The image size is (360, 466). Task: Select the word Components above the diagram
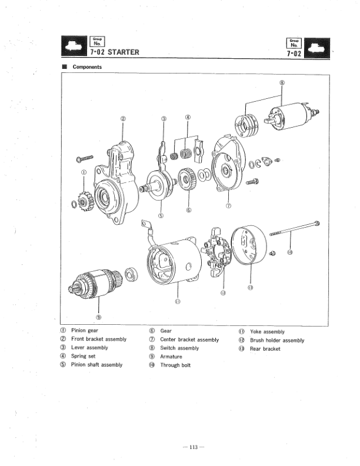point(87,67)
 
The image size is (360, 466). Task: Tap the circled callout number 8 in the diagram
point(282,82)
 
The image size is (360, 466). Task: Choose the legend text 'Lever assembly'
point(89,348)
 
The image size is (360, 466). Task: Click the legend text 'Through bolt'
point(175,365)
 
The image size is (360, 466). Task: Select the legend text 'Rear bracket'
point(265,348)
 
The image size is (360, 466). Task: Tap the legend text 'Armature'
point(171,357)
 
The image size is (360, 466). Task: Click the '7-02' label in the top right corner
point(293,53)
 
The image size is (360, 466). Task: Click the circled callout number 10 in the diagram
point(289,254)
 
